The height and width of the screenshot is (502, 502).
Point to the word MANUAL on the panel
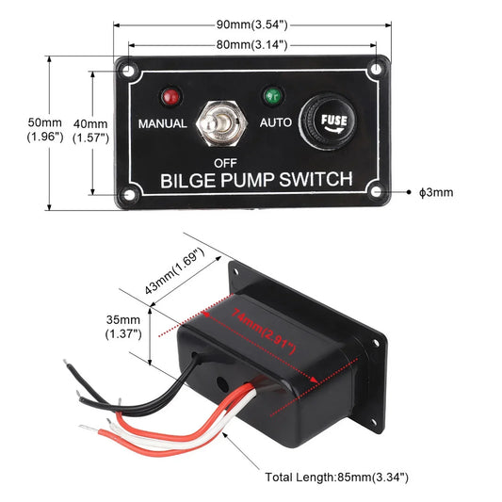tap(163, 123)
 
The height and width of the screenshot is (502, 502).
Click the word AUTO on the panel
tap(276, 122)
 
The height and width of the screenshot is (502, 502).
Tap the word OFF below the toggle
tap(224, 161)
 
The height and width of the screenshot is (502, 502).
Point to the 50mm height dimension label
tap(45, 130)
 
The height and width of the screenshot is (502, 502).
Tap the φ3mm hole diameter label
tap(436, 191)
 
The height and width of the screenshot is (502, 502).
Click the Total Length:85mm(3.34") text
tap(337, 478)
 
